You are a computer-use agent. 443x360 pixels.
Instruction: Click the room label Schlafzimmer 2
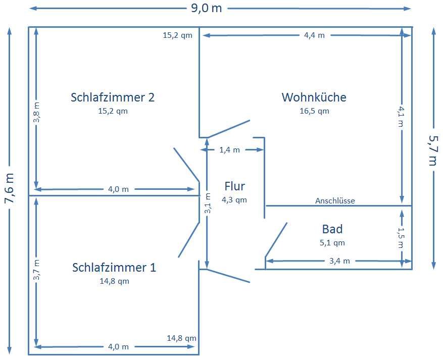coord(113,97)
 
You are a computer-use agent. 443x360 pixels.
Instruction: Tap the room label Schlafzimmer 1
coord(114,267)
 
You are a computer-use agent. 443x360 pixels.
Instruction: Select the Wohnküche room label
coord(314,97)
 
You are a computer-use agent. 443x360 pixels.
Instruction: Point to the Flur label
coord(234,186)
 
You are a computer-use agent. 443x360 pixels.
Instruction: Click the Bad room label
coord(332,229)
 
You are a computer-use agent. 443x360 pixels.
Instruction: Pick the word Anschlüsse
coord(335,200)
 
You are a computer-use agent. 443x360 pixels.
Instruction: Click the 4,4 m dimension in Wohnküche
coord(314,35)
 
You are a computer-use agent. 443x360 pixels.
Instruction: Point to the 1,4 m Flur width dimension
coord(229,149)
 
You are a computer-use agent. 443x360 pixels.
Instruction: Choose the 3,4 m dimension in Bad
coord(339,261)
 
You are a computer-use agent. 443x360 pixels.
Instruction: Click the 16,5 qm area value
coord(314,111)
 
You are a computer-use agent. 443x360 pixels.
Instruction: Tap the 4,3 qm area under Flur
coord(234,199)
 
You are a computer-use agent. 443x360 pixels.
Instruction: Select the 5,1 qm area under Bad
coord(332,242)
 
